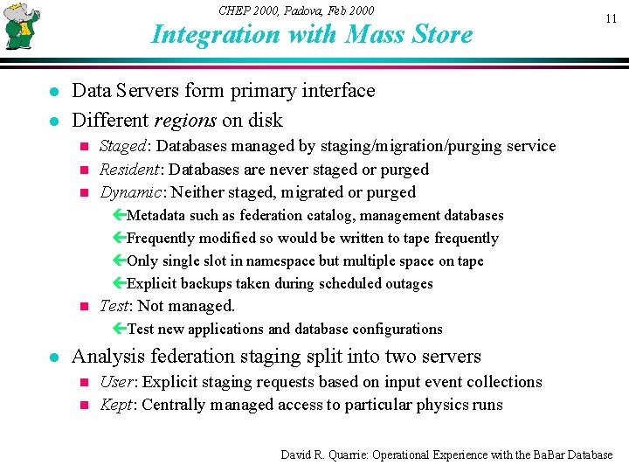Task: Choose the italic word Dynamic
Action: point(130,192)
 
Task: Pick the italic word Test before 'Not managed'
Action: point(114,306)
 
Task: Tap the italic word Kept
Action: point(116,405)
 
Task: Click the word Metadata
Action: point(156,215)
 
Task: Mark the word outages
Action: point(408,283)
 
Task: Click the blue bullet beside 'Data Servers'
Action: point(53,92)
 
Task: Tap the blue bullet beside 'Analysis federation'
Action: point(53,357)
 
